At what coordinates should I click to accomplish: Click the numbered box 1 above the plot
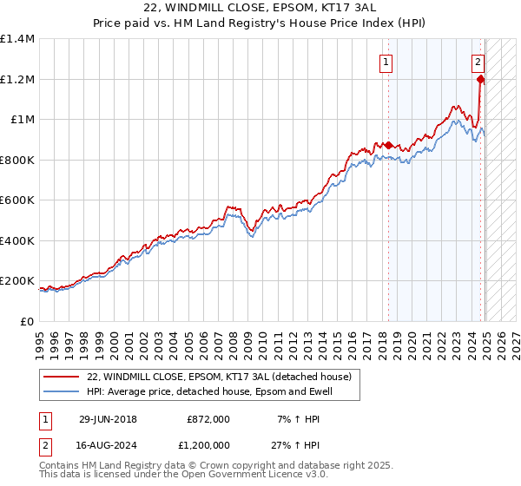pyautogui.click(x=385, y=62)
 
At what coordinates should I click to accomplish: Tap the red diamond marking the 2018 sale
pyautogui.click(x=388, y=145)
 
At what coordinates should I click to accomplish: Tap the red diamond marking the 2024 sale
pyautogui.click(x=480, y=79)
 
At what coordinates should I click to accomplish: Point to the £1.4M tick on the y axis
pyautogui.click(x=17, y=39)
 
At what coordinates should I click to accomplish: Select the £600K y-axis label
pyautogui.click(x=17, y=200)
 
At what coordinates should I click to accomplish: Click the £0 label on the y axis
pyautogui.click(x=27, y=322)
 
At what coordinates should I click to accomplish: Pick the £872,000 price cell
pyautogui.click(x=208, y=418)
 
